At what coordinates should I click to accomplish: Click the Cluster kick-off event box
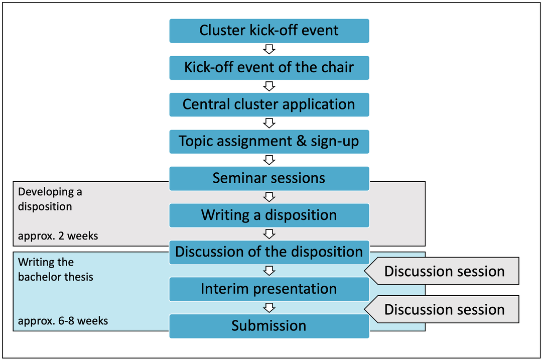click(x=269, y=31)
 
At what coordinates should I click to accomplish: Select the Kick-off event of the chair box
click(x=269, y=68)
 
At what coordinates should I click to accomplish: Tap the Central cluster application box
click(x=269, y=105)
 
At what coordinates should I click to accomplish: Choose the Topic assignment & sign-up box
click(x=269, y=142)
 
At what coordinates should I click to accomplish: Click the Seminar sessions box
click(x=269, y=178)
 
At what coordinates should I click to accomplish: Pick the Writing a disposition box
click(x=269, y=215)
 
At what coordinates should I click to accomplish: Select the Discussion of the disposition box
click(x=269, y=253)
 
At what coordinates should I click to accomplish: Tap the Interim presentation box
click(x=269, y=289)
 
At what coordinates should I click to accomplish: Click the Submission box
click(x=269, y=326)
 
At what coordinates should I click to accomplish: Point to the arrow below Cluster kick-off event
click(x=269, y=49)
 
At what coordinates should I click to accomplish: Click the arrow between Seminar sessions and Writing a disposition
click(x=269, y=197)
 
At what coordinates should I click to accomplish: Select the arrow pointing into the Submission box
click(x=269, y=308)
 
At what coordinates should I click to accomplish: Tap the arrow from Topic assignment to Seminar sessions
click(x=269, y=160)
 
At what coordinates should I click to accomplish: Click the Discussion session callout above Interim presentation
click(x=442, y=271)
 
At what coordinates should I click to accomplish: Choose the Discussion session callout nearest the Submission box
click(x=442, y=309)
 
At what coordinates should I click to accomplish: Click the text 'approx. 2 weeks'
click(x=58, y=236)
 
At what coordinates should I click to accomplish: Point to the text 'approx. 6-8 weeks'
click(x=63, y=321)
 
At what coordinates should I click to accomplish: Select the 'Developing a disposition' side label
click(x=50, y=199)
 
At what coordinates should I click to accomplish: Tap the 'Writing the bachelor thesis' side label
click(x=56, y=270)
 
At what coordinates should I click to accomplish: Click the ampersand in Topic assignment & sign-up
click(x=302, y=142)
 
